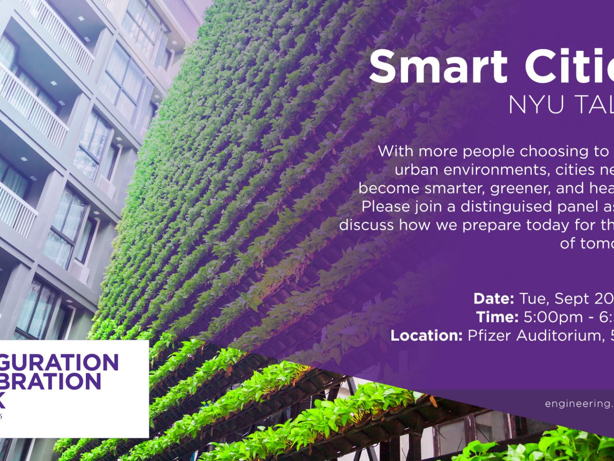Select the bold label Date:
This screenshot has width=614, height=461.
(x=493, y=299)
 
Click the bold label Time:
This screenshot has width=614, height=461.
(x=497, y=317)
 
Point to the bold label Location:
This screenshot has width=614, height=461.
(x=426, y=335)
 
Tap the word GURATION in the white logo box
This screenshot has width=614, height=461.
(x=59, y=362)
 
